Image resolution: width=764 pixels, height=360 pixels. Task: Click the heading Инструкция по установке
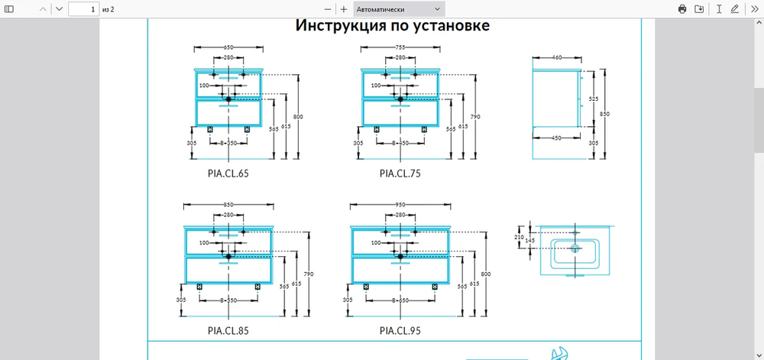(x=393, y=26)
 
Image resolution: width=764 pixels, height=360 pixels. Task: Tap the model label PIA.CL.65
(x=228, y=174)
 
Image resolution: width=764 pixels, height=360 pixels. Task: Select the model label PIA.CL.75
(x=400, y=174)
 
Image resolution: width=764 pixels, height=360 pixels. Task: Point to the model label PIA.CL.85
(x=228, y=331)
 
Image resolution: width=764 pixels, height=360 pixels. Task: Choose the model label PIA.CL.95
(x=400, y=331)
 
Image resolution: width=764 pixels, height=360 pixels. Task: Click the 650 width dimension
(x=228, y=47)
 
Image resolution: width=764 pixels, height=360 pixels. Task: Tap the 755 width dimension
(x=400, y=47)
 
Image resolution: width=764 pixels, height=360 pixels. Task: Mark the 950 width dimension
(x=400, y=205)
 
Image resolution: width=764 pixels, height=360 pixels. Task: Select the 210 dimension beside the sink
(x=520, y=237)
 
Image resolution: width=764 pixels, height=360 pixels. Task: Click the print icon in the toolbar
(x=682, y=9)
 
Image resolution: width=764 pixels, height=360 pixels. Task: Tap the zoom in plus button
(x=344, y=9)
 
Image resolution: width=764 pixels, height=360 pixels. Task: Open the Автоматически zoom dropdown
(x=399, y=9)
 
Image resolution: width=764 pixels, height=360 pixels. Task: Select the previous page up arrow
(x=41, y=9)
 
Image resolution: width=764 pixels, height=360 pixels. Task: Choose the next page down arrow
(x=59, y=9)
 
